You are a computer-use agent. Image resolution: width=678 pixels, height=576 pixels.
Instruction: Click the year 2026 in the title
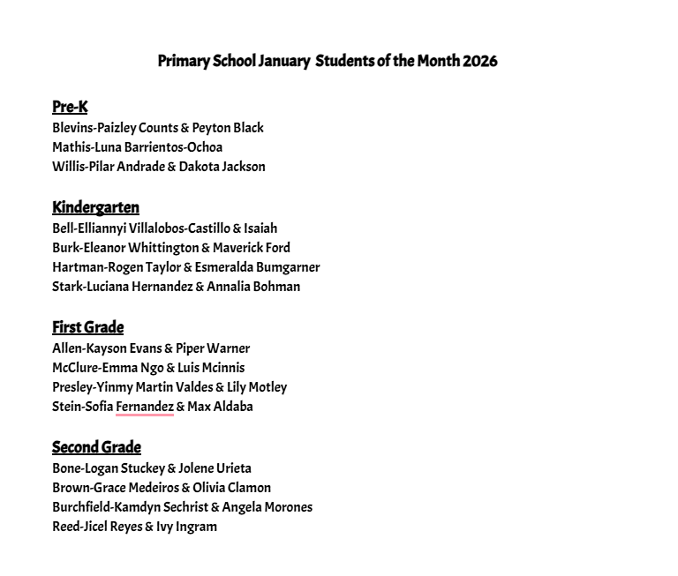click(479, 61)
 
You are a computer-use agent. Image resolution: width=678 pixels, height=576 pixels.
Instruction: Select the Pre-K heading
click(70, 107)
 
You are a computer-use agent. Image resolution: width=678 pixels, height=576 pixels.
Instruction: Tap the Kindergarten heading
click(95, 207)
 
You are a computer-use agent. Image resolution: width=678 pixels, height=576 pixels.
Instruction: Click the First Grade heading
click(87, 327)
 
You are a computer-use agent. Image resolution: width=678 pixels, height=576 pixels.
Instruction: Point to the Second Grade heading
click(96, 447)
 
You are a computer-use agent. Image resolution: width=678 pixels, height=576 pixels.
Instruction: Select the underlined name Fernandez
click(145, 407)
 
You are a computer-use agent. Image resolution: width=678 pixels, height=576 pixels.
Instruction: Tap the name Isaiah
click(260, 228)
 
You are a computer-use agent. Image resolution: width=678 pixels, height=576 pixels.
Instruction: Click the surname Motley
click(266, 387)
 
